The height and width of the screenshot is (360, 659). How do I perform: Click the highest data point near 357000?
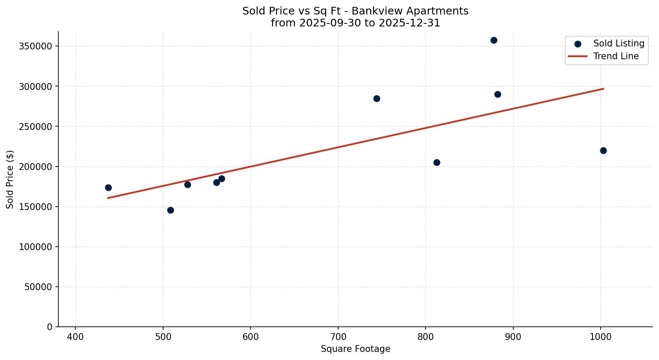click(494, 40)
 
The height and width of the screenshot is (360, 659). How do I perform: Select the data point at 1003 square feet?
click(603, 150)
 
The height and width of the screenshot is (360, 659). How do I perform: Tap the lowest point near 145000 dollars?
click(170, 210)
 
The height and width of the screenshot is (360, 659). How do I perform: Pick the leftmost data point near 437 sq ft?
click(108, 187)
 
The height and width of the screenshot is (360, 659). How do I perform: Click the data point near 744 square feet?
click(377, 98)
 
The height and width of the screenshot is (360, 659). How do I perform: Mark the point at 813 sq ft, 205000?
click(437, 162)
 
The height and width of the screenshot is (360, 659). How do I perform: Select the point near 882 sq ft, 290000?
click(498, 94)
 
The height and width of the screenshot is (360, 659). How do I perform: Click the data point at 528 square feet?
click(187, 184)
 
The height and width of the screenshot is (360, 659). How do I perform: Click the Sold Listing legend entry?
click(618, 43)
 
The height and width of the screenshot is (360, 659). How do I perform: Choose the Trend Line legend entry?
click(616, 56)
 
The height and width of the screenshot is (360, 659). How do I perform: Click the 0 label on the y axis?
click(50, 327)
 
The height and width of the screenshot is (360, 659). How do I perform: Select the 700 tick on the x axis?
click(338, 337)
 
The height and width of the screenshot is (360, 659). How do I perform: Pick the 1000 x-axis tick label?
click(600, 337)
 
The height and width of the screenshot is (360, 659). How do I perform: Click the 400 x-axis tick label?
click(75, 337)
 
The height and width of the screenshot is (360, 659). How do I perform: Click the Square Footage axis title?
click(355, 349)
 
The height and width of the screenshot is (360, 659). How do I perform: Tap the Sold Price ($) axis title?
click(10, 179)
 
